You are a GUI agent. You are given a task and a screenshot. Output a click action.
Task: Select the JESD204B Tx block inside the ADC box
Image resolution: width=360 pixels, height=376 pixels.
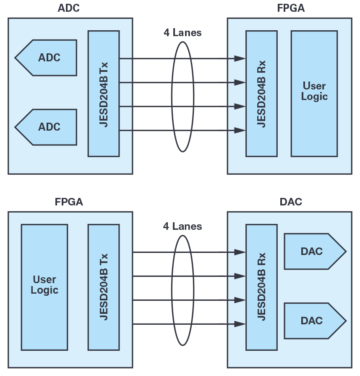click(x=104, y=93)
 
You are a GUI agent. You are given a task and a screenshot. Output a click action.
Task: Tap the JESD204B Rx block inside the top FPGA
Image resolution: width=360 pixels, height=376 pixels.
click(x=261, y=93)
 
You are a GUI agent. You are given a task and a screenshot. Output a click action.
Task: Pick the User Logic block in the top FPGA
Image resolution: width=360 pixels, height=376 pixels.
click(x=314, y=93)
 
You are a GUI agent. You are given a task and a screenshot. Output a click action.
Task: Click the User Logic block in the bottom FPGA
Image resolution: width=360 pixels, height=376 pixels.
click(x=44, y=287)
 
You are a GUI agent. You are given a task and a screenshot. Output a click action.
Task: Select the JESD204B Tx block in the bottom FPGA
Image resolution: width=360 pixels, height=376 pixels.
click(x=104, y=287)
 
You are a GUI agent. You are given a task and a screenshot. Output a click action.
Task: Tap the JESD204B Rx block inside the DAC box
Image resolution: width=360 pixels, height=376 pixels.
click(x=261, y=287)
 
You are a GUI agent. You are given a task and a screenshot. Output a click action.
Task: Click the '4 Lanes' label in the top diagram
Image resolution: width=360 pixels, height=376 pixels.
click(x=183, y=33)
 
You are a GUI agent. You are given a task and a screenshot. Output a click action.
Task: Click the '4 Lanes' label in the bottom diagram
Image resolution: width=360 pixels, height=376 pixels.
click(x=183, y=226)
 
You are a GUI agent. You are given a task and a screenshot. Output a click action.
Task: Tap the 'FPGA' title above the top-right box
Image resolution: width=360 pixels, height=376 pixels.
click(x=290, y=9)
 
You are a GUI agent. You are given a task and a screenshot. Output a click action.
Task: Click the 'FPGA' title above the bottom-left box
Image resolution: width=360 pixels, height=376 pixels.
click(x=69, y=202)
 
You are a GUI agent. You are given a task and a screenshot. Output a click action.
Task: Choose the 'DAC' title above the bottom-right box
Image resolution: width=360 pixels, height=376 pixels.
click(x=291, y=202)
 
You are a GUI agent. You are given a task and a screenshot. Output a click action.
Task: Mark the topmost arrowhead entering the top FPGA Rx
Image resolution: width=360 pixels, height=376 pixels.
click(x=240, y=58)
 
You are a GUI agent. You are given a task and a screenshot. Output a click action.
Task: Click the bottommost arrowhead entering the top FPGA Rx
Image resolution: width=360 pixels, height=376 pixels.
click(x=240, y=130)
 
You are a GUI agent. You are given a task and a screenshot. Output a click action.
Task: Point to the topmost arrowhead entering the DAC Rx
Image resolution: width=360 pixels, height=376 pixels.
click(x=240, y=252)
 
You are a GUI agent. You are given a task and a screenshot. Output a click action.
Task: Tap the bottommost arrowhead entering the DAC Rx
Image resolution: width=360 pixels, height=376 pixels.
click(x=240, y=324)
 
